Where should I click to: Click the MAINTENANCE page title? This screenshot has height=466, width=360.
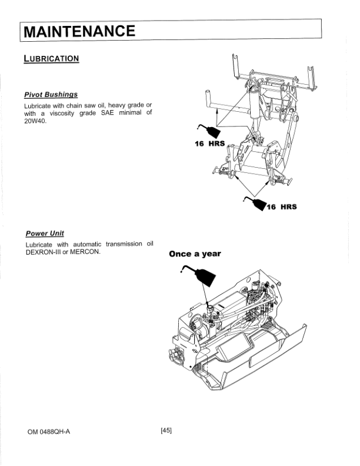pos(79,30)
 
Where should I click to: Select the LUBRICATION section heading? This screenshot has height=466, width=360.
pos(51,59)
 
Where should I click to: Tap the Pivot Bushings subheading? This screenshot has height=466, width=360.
pos(51,94)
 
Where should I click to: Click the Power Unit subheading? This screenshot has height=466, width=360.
pos(45,234)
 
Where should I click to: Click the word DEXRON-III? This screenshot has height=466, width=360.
pos(42,252)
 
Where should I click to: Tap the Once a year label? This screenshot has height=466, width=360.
pos(195,254)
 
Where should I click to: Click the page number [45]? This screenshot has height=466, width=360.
pos(166,431)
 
